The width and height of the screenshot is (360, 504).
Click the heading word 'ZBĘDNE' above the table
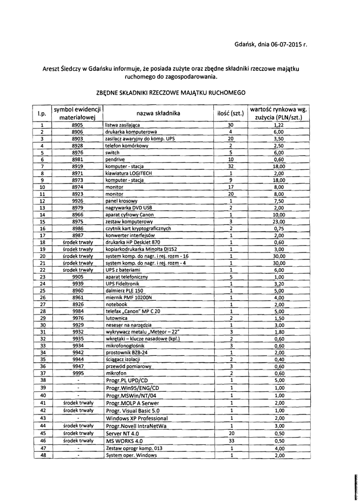point(111,93)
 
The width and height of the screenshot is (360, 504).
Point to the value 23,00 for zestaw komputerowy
point(279,221)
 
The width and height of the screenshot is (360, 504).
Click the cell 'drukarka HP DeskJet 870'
point(132,242)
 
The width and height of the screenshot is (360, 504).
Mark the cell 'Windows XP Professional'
point(136,418)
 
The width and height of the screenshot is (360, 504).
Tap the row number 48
point(43,455)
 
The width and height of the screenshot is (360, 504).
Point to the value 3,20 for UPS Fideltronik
point(279,283)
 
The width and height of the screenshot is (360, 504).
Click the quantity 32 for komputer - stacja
point(230,167)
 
